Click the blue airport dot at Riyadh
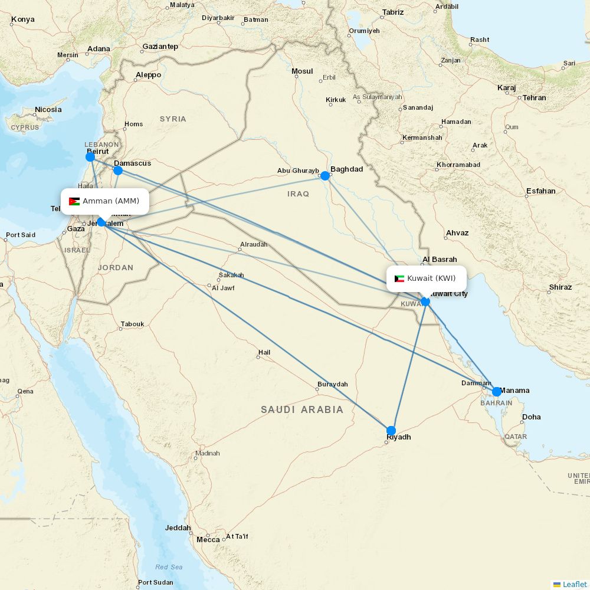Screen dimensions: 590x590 [391, 430]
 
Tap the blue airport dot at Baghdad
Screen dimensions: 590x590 [324, 175]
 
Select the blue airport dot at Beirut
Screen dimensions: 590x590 [90, 156]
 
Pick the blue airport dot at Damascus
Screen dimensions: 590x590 [117, 171]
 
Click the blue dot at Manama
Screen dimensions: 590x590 [497, 392]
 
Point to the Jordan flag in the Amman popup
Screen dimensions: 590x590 [74, 201]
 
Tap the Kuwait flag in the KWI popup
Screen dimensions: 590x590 [399, 278]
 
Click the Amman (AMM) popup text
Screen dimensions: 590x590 [111, 201]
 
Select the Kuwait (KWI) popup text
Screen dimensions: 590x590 [431, 278]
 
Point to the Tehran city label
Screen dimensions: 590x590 [534, 98]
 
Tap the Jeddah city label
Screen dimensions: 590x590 [178, 528]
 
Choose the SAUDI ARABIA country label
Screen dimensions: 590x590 [302, 409]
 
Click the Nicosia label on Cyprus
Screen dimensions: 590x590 [48, 110]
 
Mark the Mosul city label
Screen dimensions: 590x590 [302, 71]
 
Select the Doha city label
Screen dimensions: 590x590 [531, 417]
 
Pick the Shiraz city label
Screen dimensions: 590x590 [560, 287]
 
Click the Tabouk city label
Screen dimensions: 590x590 [132, 324]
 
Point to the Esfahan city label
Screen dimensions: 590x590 [542, 191]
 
